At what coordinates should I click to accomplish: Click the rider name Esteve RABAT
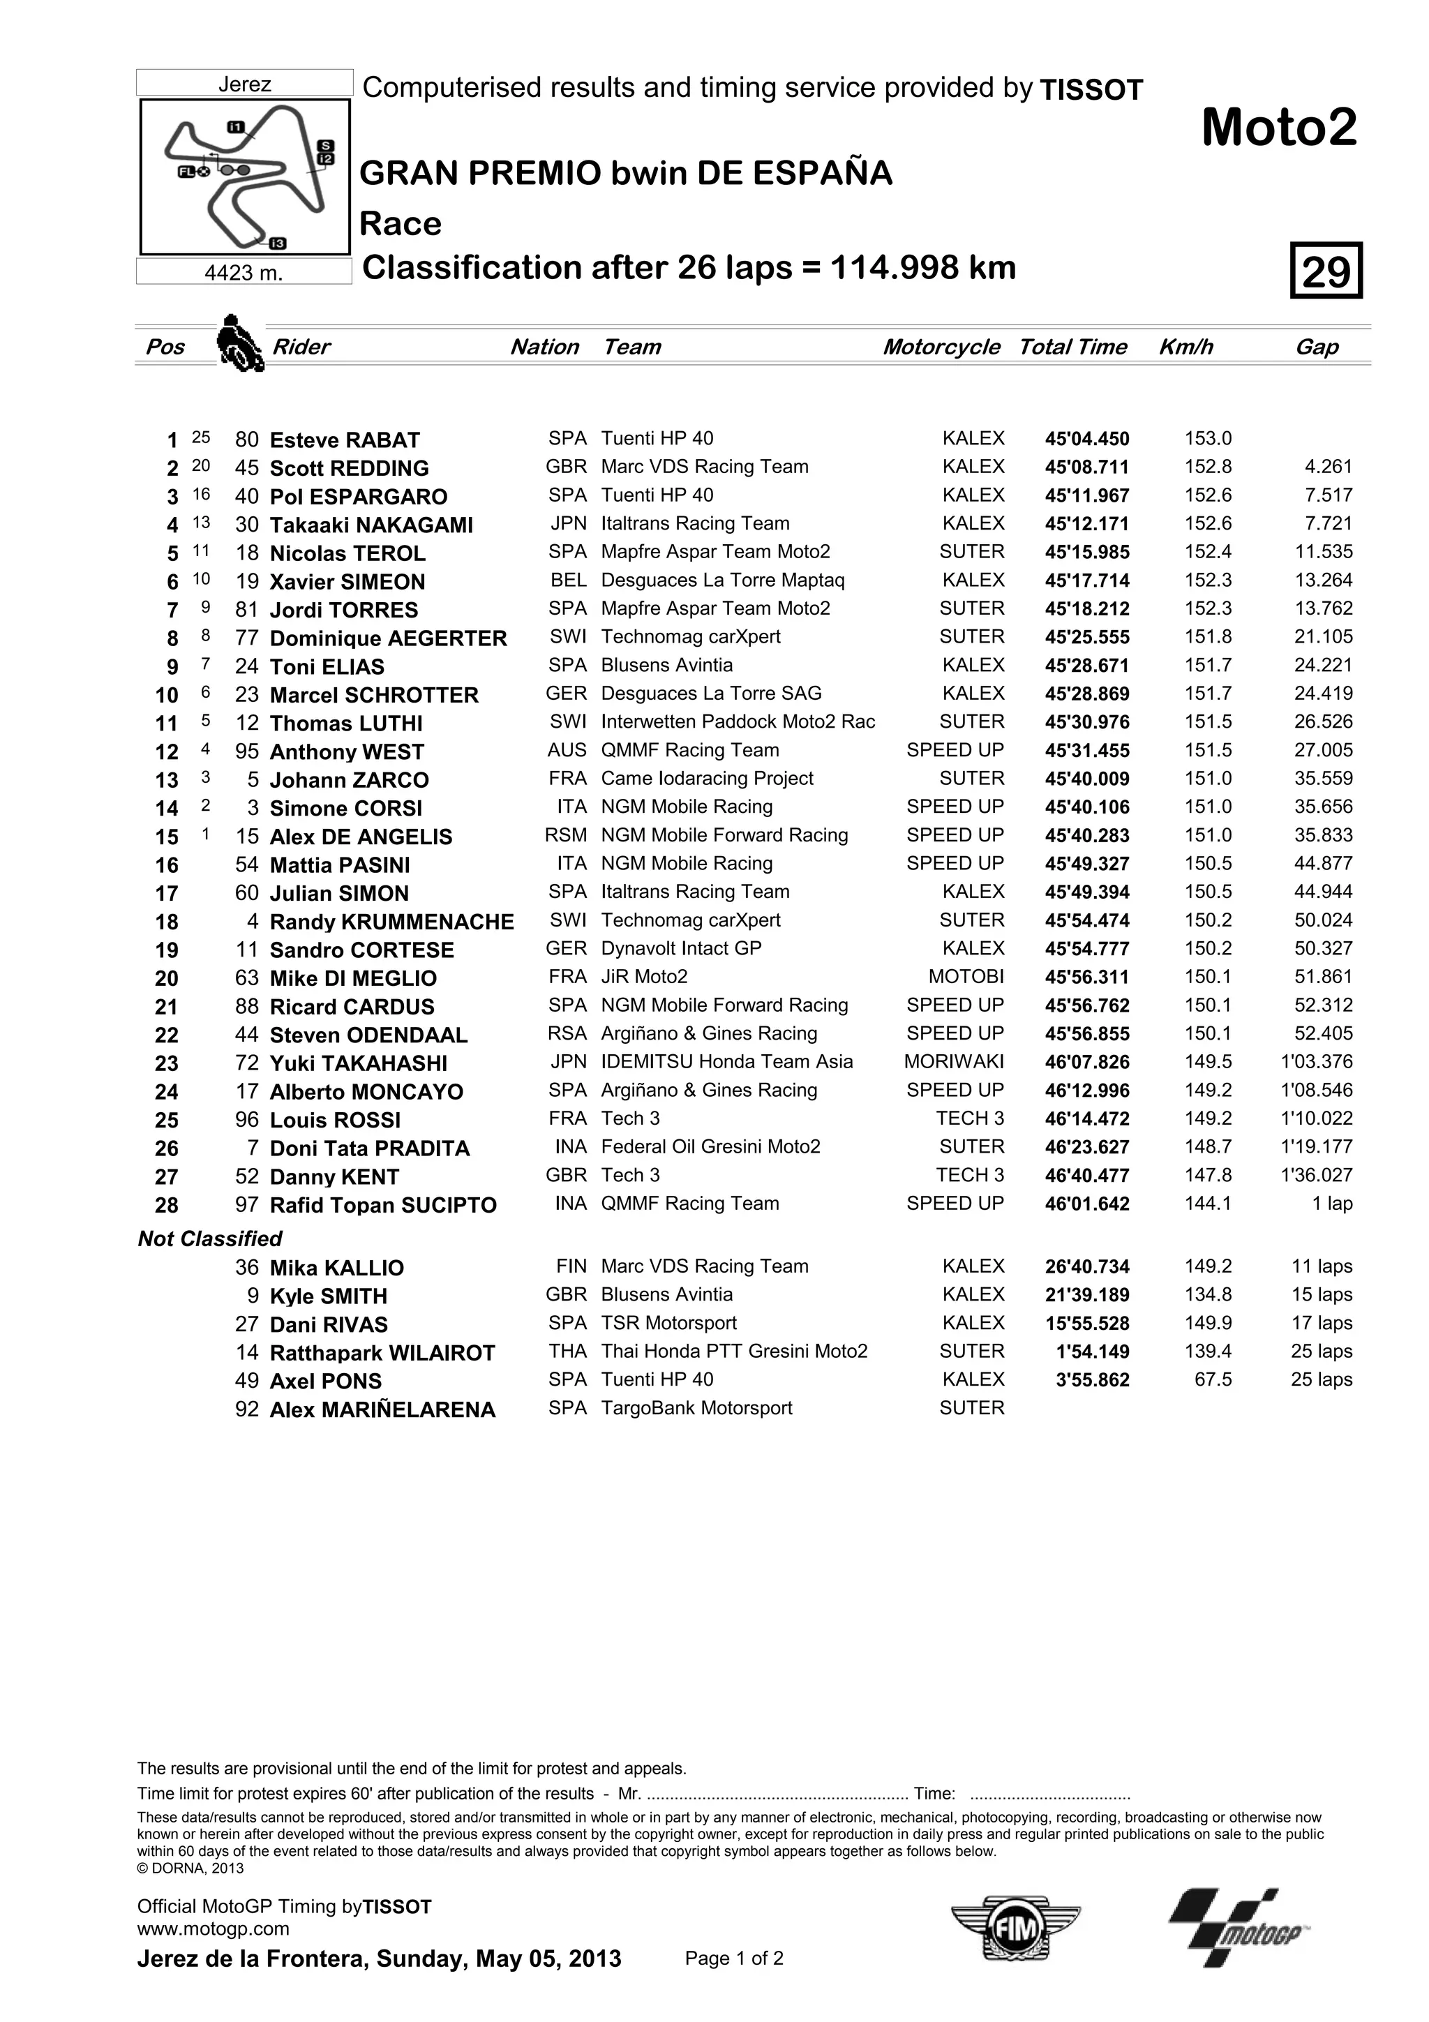pos(344,440)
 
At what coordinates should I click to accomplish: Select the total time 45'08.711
pos(1086,467)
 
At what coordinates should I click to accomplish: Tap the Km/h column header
pos(1185,347)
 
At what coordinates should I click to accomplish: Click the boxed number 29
pos(1326,270)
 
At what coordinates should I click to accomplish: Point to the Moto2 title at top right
pos(1278,128)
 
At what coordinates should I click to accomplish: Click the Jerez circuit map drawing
pos(246,177)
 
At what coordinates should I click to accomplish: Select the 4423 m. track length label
pos(244,273)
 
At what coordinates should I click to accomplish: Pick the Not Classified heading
pos(209,1238)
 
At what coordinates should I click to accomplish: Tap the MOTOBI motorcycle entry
pos(965,977)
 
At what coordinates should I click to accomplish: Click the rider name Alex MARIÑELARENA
pos(382,1409)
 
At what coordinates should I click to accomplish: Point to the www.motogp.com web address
pos(213,1929)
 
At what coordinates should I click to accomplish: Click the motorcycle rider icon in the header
pos(239,343)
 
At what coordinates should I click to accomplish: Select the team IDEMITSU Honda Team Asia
pos(726,1061)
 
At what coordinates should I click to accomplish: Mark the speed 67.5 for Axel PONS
pos(1213,1379)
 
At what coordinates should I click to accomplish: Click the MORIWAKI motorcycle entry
pos(954,1061)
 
